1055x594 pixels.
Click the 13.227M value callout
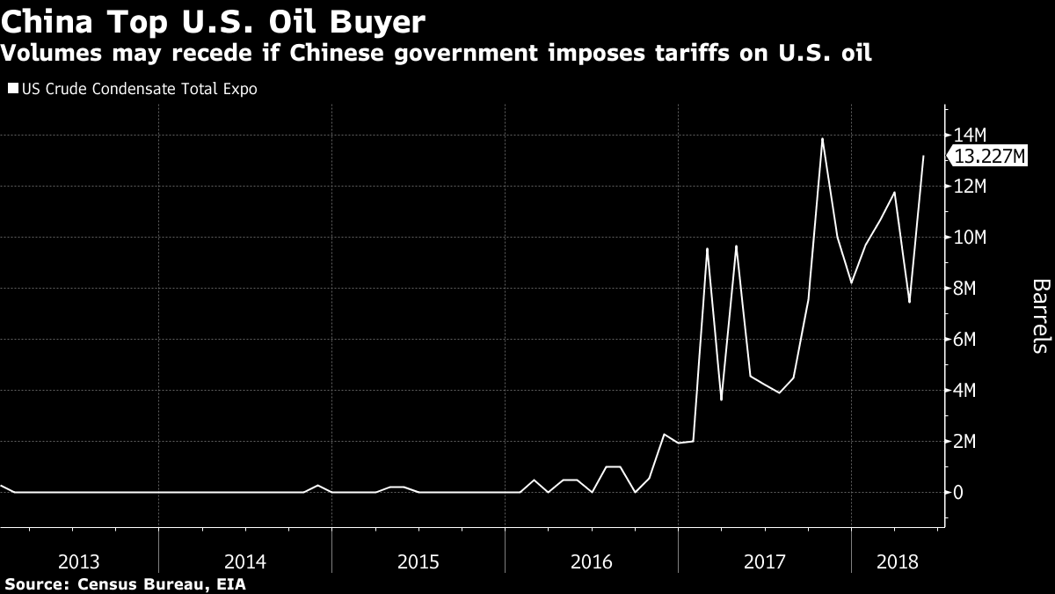pos(989,157)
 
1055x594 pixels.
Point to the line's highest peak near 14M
pos(822,138)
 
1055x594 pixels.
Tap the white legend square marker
pos(11,89)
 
